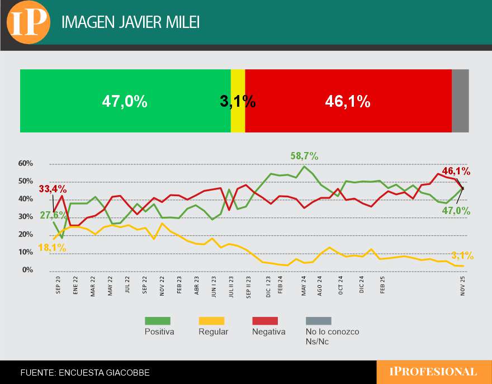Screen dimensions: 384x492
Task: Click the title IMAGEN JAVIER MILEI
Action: point(130,22)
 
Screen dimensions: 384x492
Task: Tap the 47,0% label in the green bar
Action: point(125,101)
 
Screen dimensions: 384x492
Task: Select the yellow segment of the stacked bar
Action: point(238,101)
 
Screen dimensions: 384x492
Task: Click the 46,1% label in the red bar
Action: point(348,101)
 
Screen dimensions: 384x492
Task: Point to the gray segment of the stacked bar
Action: point(460,101)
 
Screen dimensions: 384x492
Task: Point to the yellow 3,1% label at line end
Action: point(462,256)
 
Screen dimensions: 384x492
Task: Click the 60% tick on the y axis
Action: point(26,164)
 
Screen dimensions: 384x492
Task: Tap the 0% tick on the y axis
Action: point(28,271)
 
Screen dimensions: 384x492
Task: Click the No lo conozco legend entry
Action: point(332,331)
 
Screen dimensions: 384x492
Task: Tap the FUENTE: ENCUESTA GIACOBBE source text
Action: point(85,372)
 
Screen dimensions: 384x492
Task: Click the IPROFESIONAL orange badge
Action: point(433,372)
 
